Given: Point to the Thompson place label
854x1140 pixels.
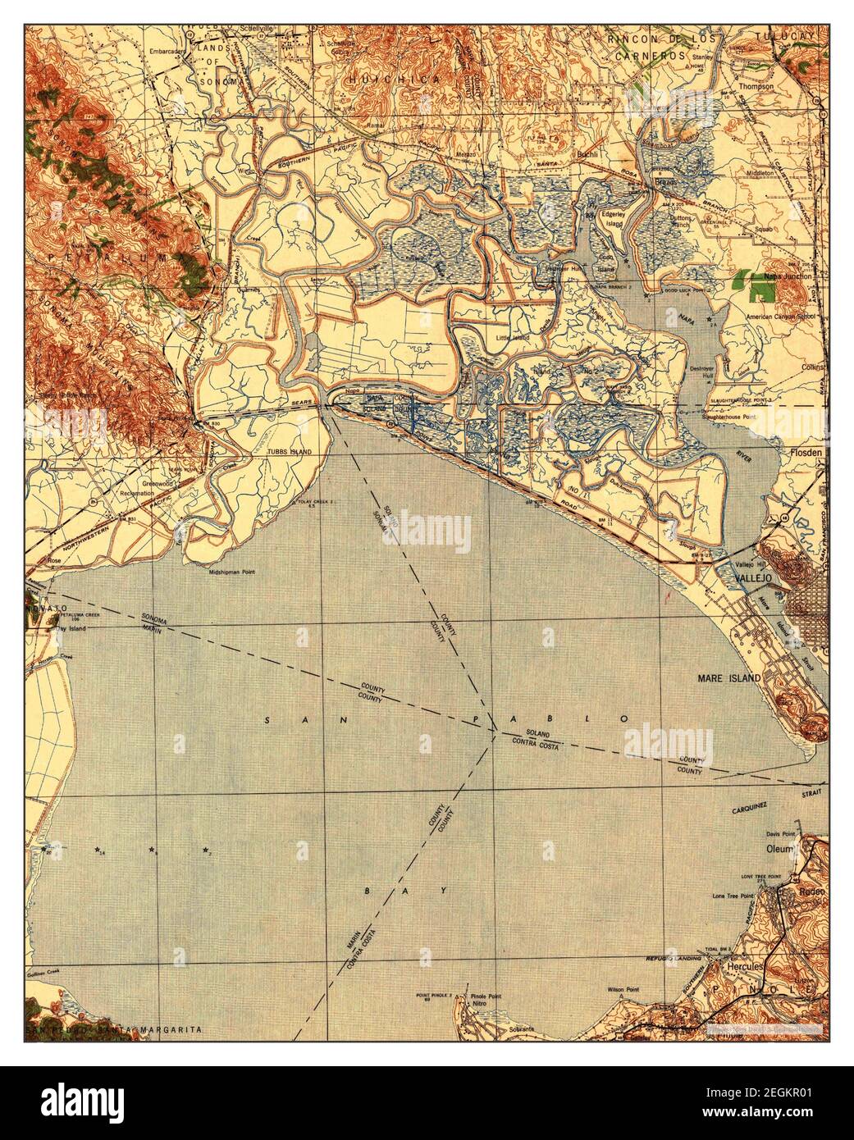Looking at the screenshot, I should click(x=756, y=85).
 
